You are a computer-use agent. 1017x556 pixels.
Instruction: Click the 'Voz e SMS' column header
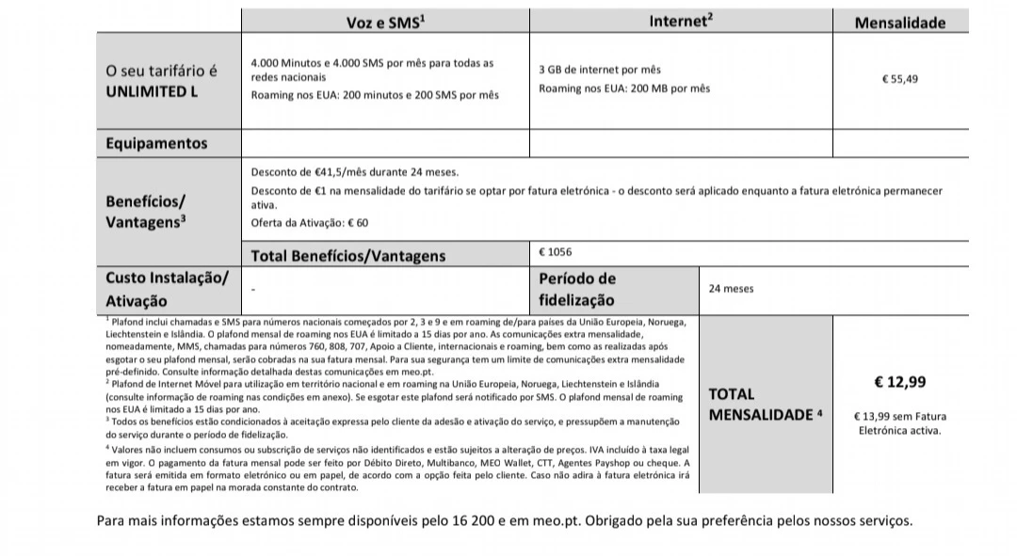point(386,22)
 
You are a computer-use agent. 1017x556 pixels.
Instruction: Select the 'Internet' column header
point(680,21)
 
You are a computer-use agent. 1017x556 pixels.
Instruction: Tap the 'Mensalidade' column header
point(899,23)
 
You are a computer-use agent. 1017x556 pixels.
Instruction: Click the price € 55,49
point(899,79)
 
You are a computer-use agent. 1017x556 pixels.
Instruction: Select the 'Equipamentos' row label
point(156,144)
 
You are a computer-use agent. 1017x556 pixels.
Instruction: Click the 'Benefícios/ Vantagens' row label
point(146,212)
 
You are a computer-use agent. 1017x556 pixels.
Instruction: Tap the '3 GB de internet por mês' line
point(600,70)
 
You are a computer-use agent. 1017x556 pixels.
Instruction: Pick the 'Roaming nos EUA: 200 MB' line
point(624,88)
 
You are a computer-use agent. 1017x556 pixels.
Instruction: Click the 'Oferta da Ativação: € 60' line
point(310,223)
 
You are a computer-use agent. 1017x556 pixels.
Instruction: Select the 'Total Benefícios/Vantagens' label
point(347,255)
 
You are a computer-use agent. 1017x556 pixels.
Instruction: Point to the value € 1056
point(555,252)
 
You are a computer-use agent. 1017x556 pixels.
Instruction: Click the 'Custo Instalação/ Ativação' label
point(167,289)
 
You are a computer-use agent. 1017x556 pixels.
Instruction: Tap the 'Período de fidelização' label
point(576,289)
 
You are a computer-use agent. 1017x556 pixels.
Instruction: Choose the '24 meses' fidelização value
point(731,289)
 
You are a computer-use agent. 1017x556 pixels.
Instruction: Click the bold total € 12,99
point(899,382)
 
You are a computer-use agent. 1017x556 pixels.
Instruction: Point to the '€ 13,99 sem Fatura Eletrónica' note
point(899,423)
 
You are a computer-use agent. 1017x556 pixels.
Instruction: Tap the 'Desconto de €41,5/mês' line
point(354,172)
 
